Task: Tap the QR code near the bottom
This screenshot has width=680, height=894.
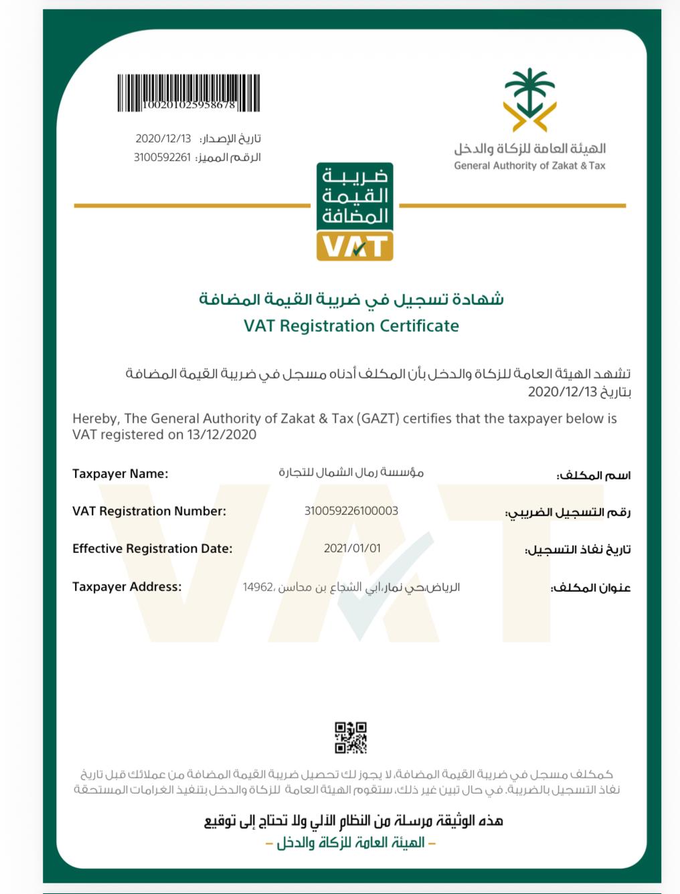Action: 351,738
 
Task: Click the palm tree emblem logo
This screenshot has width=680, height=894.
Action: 530,99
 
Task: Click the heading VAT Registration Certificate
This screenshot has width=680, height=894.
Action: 351,326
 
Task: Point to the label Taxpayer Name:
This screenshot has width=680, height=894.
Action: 120,474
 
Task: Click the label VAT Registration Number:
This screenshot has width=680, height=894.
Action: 149,512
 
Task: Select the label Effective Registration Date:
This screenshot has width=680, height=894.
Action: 153,549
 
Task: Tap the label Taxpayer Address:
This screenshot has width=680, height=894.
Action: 127,587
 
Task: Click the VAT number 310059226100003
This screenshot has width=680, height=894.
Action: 351,511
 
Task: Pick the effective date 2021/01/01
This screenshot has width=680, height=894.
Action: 352,548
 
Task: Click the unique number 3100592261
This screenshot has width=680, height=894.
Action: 162,158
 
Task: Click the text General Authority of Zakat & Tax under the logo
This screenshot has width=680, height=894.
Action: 529,166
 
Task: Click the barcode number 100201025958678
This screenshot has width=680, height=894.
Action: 189,105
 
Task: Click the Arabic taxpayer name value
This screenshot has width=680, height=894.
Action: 351,473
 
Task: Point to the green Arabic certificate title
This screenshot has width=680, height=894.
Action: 351,299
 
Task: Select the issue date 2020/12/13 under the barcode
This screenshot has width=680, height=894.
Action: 163,139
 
